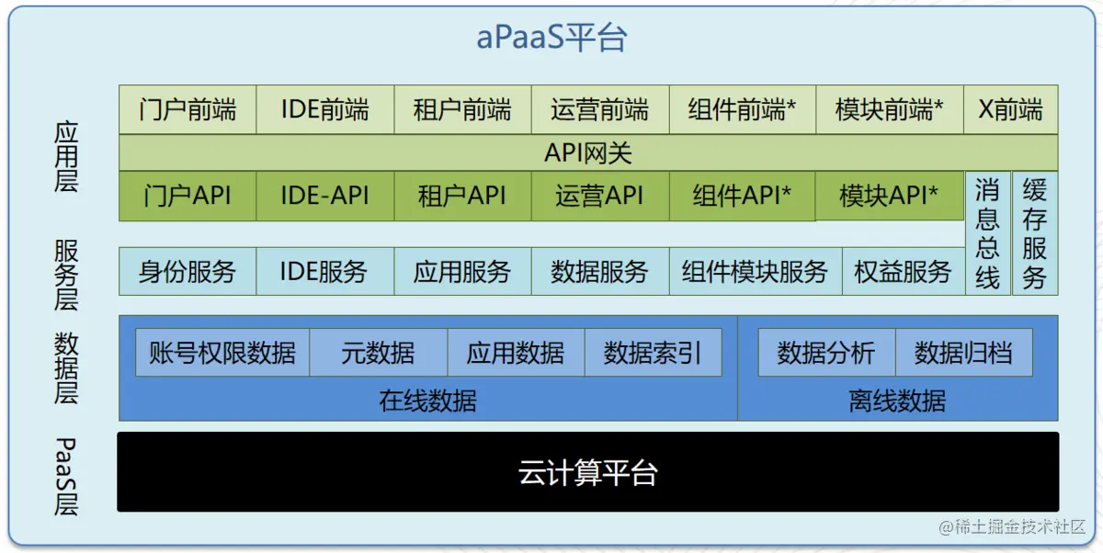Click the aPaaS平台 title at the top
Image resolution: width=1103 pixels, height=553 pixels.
click(x=551, y=38)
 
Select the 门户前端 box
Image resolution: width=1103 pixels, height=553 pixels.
click(x=188, y=110)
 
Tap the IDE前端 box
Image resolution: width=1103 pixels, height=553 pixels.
click(x=324, y=110)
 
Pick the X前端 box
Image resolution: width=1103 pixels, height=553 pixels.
click(x=1010, y=110)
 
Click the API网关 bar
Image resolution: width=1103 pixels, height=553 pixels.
click(x=588, y=152)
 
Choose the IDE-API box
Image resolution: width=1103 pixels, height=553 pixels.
click(x=324, y=196)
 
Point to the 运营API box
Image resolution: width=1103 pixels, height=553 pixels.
click(x=599, y=196)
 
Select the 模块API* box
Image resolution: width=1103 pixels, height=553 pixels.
click(x=889, y=196)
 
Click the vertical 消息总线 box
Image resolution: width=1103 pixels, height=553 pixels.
click(x=987, y=233)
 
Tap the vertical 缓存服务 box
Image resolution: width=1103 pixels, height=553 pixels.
click(x=1034, y=233)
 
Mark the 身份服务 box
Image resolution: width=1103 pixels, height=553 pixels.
click(x=188, y=271)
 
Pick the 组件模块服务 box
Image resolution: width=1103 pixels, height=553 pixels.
click(x=756, y=271)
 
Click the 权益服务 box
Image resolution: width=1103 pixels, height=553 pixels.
click(x=903, y=271)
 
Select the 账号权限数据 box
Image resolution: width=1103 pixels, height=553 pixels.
click(x=222, y=353)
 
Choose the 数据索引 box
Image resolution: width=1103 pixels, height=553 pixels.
click(x=653, y=353)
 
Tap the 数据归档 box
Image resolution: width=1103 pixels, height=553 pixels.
click(x=963, y=353)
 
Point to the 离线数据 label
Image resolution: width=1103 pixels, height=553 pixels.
click(x=897, y=401)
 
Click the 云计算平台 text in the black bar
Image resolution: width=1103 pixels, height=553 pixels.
click(x=588, y=473)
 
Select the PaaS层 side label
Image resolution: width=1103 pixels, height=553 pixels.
click(x=66, y=476)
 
